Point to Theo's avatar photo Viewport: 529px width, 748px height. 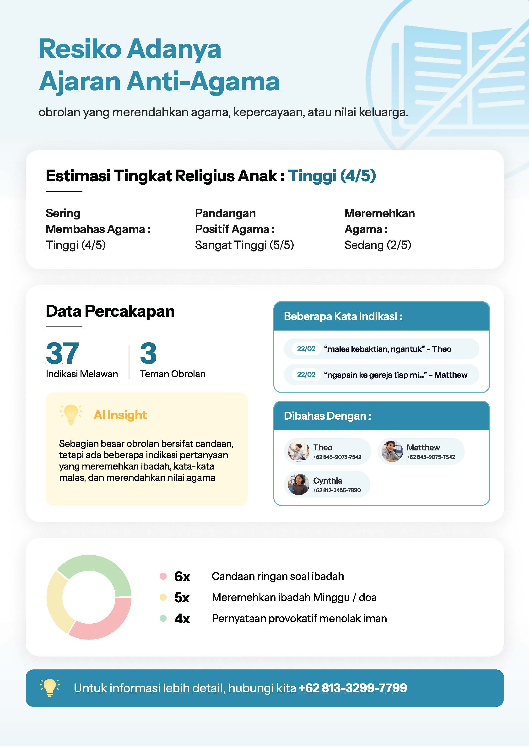[x=298, y=451]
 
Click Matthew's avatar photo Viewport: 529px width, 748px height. [x=392, y=451]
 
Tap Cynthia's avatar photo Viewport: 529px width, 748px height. [x=298, y=484]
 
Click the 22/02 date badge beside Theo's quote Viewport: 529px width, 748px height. [x=306, y=349]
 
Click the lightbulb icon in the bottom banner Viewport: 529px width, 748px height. [x=49, y=688]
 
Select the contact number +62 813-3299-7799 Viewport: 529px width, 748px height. [x=353, y=688]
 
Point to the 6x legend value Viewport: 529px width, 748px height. [x=182, y=577]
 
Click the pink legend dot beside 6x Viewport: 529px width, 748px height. [x=163, y=576]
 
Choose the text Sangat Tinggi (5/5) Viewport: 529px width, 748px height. [x=244, y=245]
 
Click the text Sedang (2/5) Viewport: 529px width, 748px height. [x=378, y=245]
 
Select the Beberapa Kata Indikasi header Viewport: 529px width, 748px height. [x=343, y=316]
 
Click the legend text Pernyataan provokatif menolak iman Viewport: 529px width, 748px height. [x=299, y=618]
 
